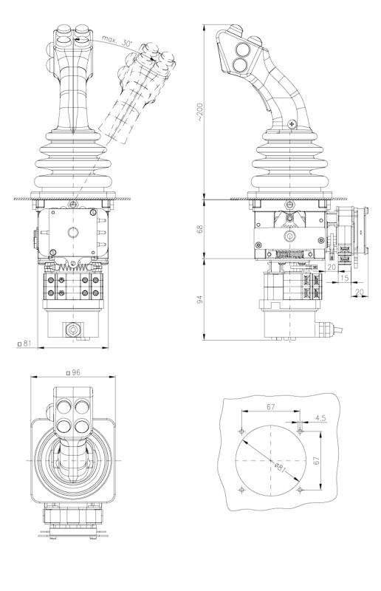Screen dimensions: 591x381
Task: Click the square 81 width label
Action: point(25,343)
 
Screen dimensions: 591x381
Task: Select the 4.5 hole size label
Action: point(319,418)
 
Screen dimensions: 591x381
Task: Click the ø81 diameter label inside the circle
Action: point(279,466)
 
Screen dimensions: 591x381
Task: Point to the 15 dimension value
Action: point(346,278)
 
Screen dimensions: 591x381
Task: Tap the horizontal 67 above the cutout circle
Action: point(270,407)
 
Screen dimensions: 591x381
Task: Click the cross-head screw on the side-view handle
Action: point(294,124)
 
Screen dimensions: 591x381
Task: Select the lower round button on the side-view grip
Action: point(241,66)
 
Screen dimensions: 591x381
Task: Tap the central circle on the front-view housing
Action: point(73,232)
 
